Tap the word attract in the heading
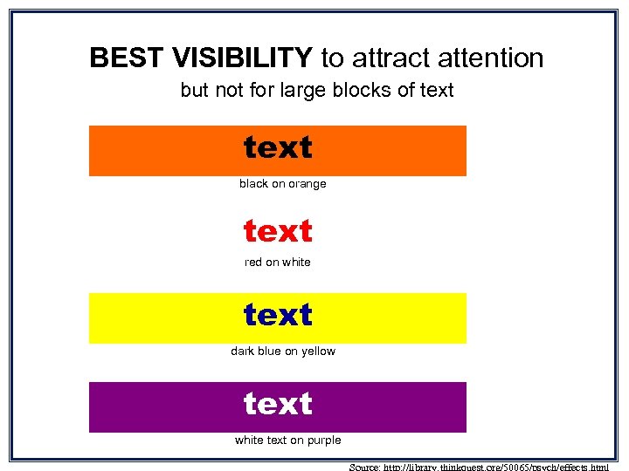[x=387, y=58]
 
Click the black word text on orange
[x=278, y=148]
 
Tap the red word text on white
[x=278, y=231]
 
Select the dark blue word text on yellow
[x=278, y=315]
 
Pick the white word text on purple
[x=278, y=404]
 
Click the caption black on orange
[x=282, y=184]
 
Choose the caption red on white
[x=277, y=263]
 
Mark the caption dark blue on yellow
[x=282, y=352]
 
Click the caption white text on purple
[x=287, y=440]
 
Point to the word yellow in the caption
[x=318, y=352]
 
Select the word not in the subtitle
[x=224, y=90]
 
